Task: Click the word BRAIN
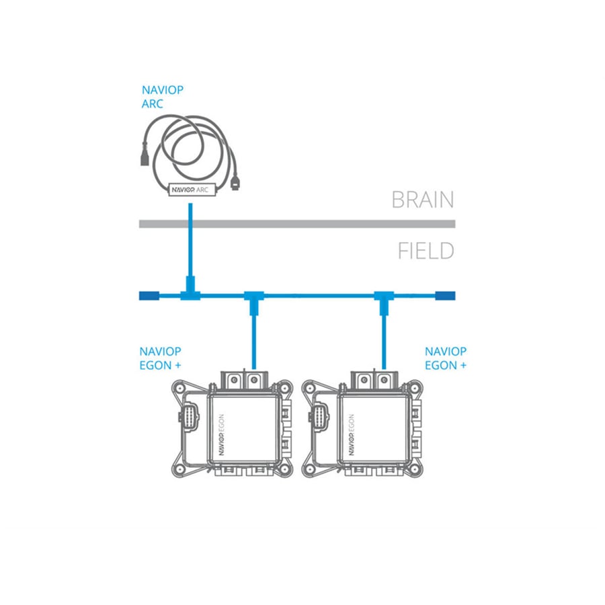click(423, 200)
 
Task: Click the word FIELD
click(426, 251)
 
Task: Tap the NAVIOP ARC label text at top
click(163, 97)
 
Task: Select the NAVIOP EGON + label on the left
click(160, 358)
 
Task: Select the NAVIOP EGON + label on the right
click(446, 358)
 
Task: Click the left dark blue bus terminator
click(149, 296)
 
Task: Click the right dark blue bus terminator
click(445, 296)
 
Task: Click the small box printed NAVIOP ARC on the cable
click(192, 190)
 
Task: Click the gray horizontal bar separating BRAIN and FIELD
click(297, 224)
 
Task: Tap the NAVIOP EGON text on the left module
click(221, 434)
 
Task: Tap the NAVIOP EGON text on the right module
click(351, 434)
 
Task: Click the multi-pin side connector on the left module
click(189, 417)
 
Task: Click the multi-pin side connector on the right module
click(319, 417)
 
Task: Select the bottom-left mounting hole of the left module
click(179, 469)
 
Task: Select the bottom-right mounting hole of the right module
click(415, 469)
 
